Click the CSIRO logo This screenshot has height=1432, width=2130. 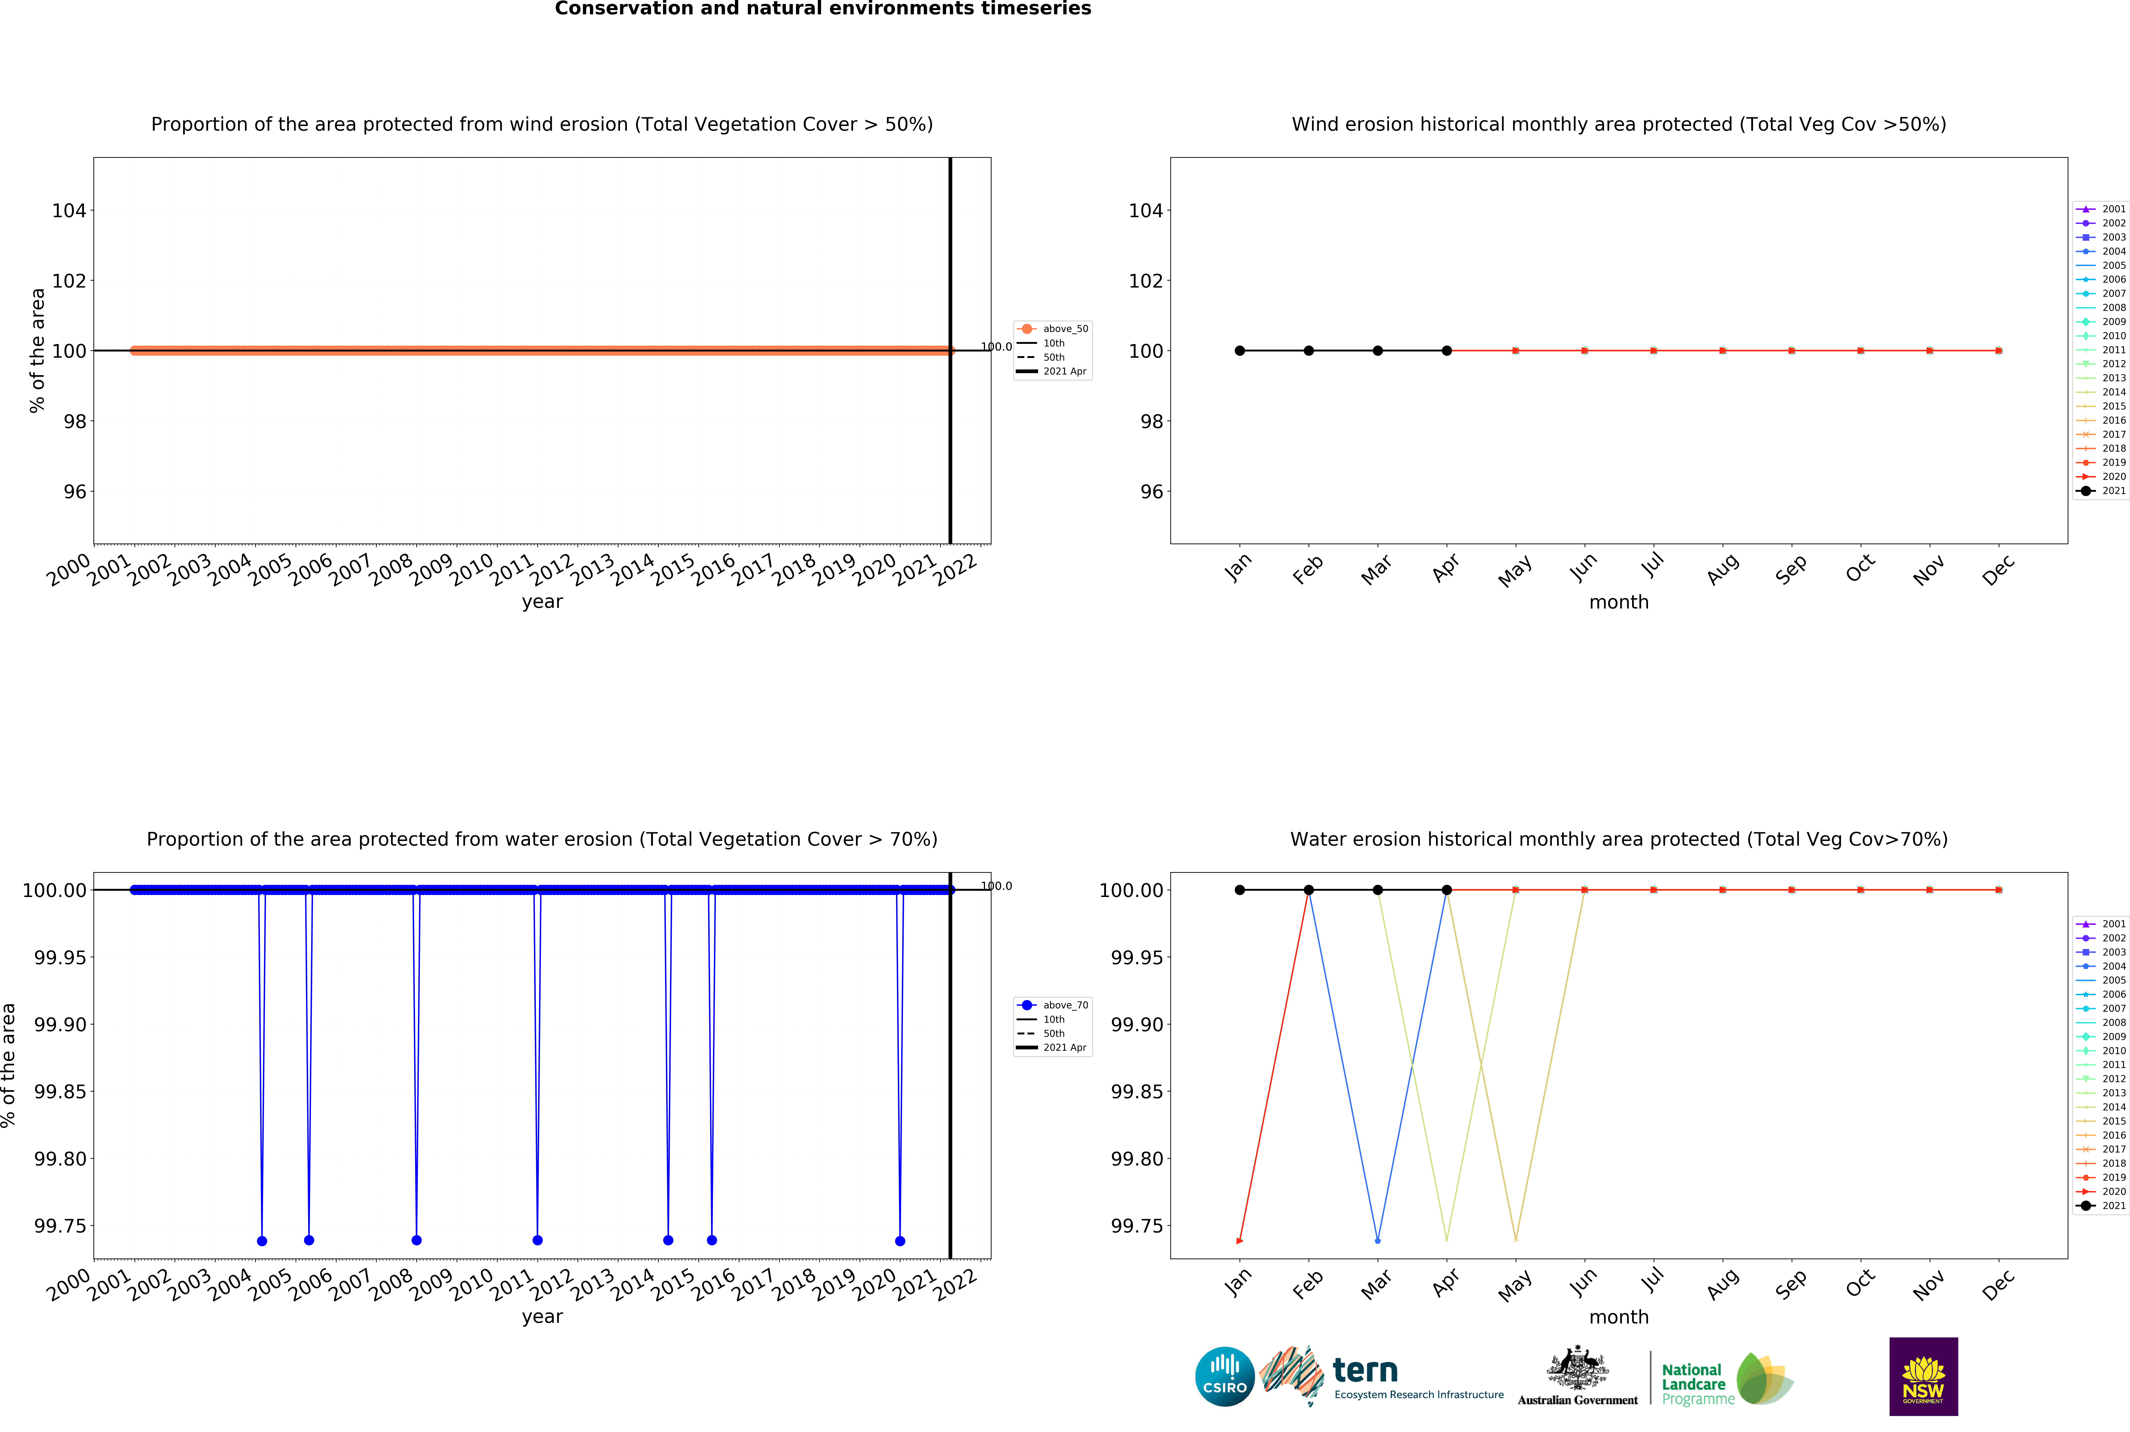1224,1376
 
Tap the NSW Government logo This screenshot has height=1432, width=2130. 1923,1376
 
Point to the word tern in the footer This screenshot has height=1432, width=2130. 1365,1370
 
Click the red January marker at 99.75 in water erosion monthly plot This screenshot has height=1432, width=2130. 1239,1240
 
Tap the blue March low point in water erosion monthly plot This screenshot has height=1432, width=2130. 1378,1240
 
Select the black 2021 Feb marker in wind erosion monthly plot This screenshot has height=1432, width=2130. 1308,351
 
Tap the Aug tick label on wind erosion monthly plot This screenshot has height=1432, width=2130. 1722,570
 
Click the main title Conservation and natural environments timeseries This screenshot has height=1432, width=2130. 823,9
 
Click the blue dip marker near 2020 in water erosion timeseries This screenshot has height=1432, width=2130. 900,1240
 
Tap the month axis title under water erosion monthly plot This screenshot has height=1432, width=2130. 1619,1317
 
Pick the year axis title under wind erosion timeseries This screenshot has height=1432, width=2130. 542,602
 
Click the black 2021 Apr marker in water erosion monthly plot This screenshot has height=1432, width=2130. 1446,890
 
